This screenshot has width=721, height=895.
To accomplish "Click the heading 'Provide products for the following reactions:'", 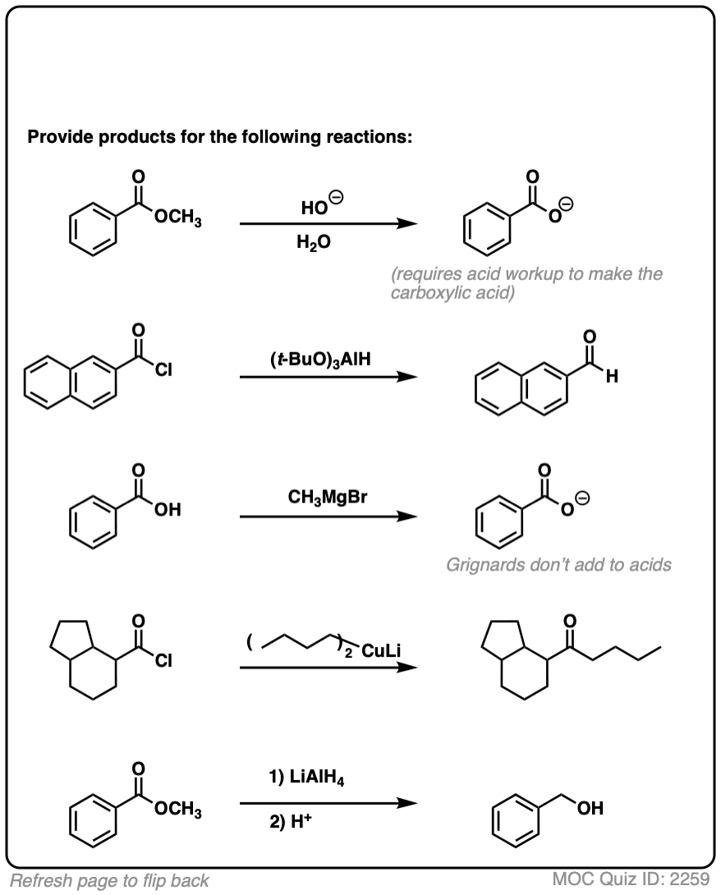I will click(219, 136).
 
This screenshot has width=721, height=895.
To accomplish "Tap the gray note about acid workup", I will click(526, 283).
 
